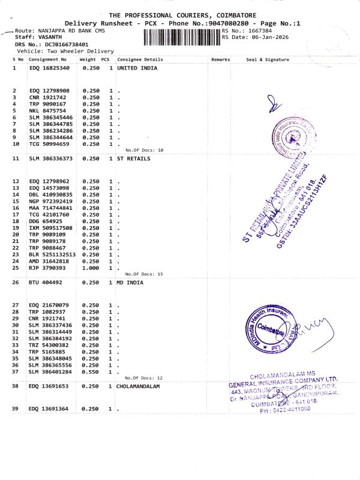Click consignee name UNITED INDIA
(137, 68)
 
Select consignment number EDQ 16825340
(50, 68)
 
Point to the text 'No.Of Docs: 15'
(144, 274)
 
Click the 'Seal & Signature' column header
(268, 59)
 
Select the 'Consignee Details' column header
(140, 59)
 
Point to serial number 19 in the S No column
(16, 227)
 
